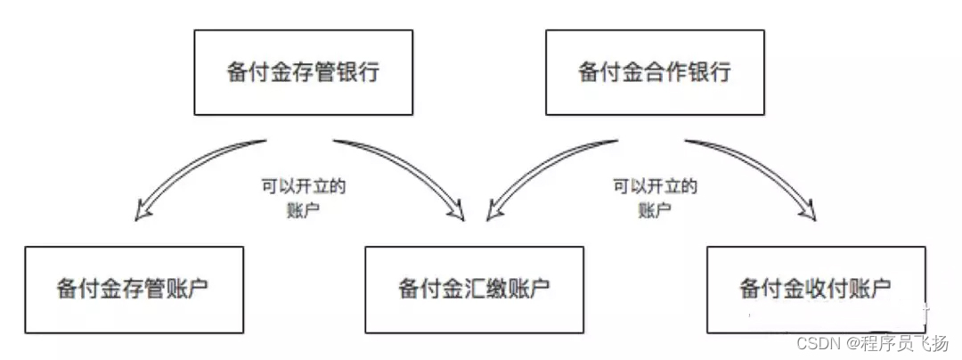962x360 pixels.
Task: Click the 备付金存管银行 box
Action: click(303, 71)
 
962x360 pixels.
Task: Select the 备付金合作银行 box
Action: click(655, 71)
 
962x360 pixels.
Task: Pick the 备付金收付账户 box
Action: click(814, 290)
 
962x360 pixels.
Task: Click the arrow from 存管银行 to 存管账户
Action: click(192, 174)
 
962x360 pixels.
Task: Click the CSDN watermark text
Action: click(813, 344)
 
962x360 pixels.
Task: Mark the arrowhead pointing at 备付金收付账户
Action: click(809, 214)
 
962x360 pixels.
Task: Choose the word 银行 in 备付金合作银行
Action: click(710, 71)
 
